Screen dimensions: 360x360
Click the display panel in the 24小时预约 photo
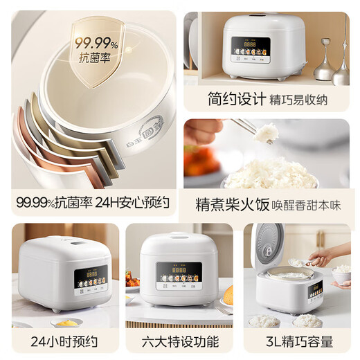click(x=91, y=278)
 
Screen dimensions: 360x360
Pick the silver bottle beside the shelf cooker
click(x=324, y=66)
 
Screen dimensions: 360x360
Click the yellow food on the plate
click(x=65, y=323)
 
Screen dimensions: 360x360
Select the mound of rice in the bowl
click(x=271, y=173)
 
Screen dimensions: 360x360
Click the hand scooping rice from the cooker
click(x=320, y=258)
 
